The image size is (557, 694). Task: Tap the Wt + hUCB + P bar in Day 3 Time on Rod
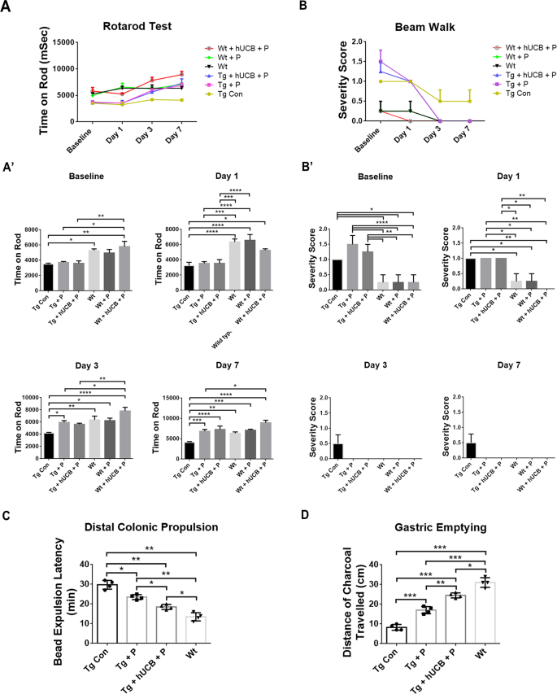click(124, 434)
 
